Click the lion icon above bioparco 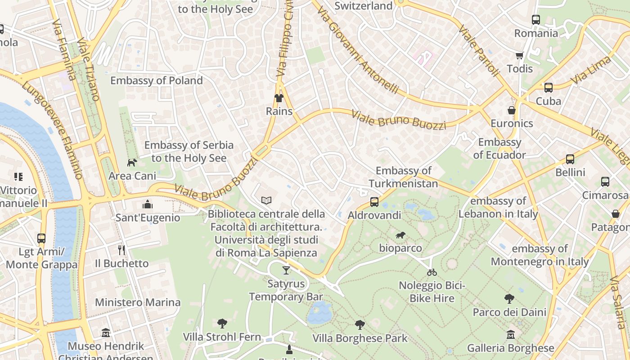click(x=400, y=235)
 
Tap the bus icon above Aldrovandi click(x=374, y=202)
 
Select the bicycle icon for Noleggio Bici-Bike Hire click(x=432, y=272)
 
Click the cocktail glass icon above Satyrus click(x=286, y=270)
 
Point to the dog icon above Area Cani click(x=132, y=162)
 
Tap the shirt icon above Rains click(x=279, y=98)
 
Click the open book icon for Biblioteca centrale click(x=266, y=200)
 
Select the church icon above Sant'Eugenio click(x=147, y=205)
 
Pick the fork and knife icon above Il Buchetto click(x=121, y=250)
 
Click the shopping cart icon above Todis click(x=520, y=56)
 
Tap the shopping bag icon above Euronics click(x=512, y=110)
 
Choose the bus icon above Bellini click(x=570, y=159)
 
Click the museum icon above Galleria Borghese click(x=510, y=335)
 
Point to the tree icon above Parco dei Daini click(x=509, y=299)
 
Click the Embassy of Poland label click(x=157, y=81)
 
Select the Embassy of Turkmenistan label click(x=403, y=177)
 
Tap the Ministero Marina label click(x=138, y=302)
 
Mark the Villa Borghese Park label click(x=360, y=338)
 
